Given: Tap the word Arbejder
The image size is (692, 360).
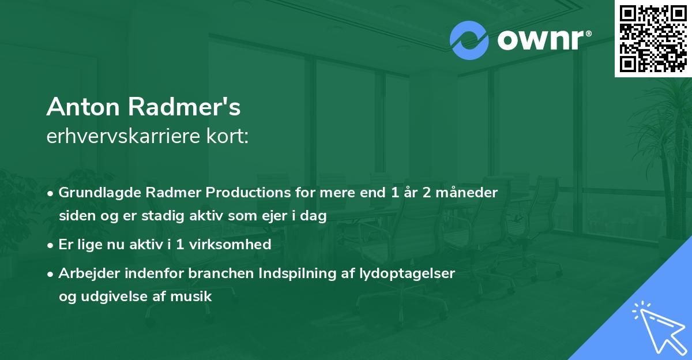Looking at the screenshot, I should pos(86,273).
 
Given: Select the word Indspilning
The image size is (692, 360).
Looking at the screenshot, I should pos(279,273).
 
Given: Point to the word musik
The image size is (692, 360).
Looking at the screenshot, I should pos(195,297).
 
